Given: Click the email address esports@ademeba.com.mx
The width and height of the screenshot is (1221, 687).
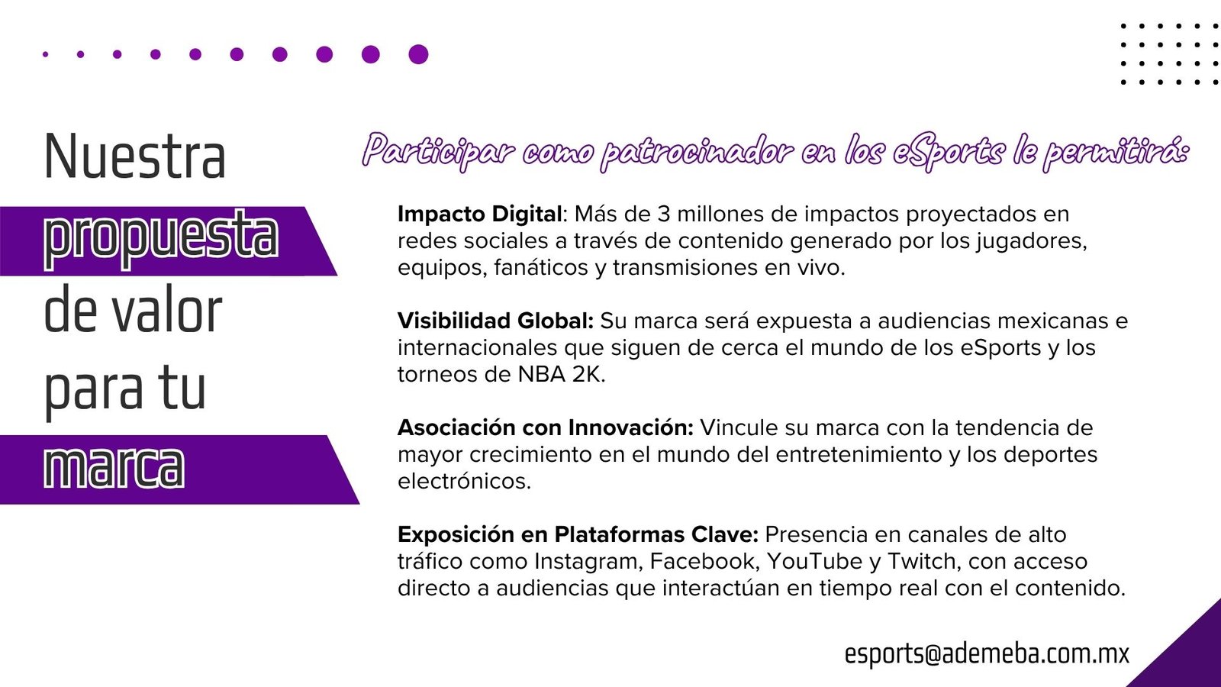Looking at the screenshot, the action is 987,653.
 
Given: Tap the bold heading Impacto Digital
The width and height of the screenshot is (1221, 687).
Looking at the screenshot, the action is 480,214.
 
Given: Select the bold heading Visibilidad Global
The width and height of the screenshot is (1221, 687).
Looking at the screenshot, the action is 495,321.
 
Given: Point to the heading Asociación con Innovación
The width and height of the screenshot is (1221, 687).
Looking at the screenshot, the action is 546,427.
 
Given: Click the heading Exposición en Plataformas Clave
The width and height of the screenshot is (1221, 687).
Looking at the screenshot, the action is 578,535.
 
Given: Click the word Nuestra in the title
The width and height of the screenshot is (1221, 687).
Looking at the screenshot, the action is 134,156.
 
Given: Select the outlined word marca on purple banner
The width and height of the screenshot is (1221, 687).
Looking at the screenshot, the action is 114,467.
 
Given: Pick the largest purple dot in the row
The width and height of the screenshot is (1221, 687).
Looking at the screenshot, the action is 418,54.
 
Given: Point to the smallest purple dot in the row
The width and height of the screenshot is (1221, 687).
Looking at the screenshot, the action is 45,54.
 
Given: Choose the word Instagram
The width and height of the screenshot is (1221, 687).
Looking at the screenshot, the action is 585,562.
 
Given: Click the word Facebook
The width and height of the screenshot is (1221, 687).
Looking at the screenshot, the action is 701,561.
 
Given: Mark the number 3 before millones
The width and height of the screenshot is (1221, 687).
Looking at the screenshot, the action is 663,214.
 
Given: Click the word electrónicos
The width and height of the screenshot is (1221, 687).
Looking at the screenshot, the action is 464,481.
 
